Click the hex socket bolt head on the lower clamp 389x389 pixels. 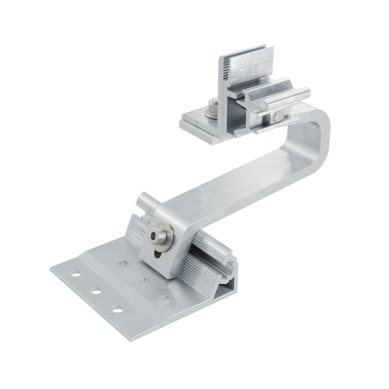[x=158, y=235]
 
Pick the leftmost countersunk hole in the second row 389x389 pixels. [x=121, y=264]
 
